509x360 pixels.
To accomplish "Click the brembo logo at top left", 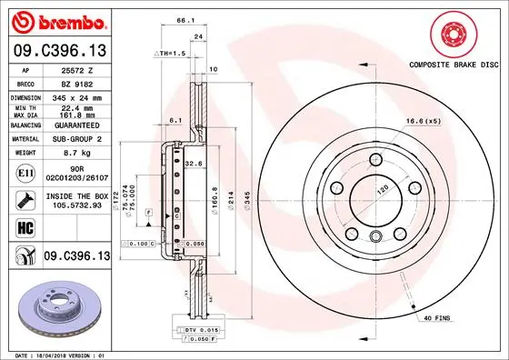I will (x=56, y=20).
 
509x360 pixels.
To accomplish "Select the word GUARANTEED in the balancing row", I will (x=72, y=127).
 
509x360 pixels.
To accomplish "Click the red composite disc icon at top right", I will (x=451, y=35).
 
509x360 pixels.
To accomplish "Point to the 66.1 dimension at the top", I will (x=185, y=20).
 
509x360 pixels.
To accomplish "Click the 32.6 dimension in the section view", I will (x=192, y=163).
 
